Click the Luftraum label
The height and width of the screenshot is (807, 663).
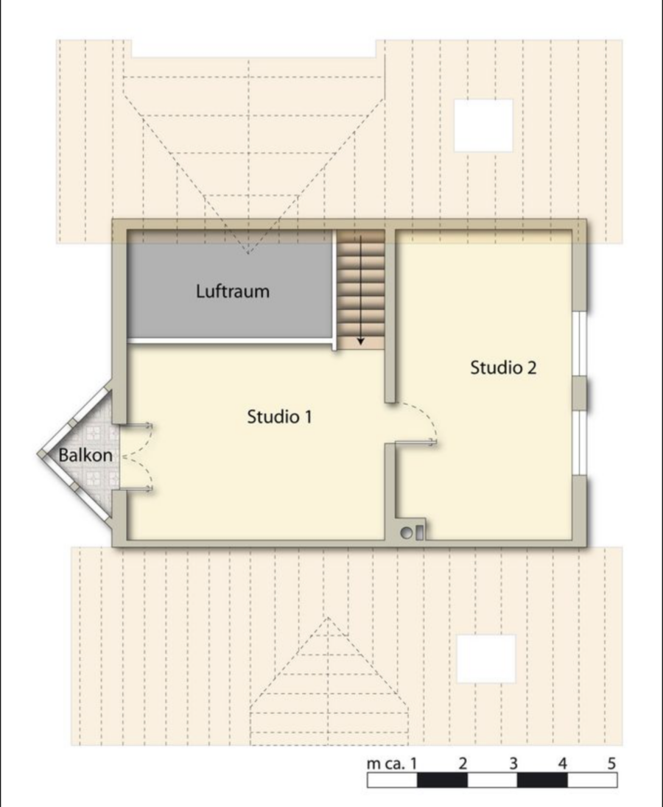(x=233, y=292)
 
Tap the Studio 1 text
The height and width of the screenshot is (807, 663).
(x=279, y=416)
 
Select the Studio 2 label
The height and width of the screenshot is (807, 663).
(x=503, y=367)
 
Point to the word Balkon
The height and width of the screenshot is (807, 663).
(x=85, y=455)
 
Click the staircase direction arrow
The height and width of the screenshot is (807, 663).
(x=361, y=290)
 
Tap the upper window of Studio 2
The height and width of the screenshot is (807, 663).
(x=580, y=343)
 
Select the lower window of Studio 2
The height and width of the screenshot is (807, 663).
(x=580, y=443)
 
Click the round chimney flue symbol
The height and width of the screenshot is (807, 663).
(x=407, y=533)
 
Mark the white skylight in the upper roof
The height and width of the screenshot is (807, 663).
(x=483, y=125)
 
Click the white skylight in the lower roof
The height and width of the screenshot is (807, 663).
(x=486, y=659)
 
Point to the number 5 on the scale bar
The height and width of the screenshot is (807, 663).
(x=611, y=764)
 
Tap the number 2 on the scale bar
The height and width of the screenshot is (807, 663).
(x=463, y=764)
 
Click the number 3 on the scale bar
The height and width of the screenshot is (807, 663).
(x=513, y=764)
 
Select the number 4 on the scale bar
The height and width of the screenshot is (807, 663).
(x=562, y=764)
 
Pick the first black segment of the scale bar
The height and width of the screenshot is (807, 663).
(x=442, y=780)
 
